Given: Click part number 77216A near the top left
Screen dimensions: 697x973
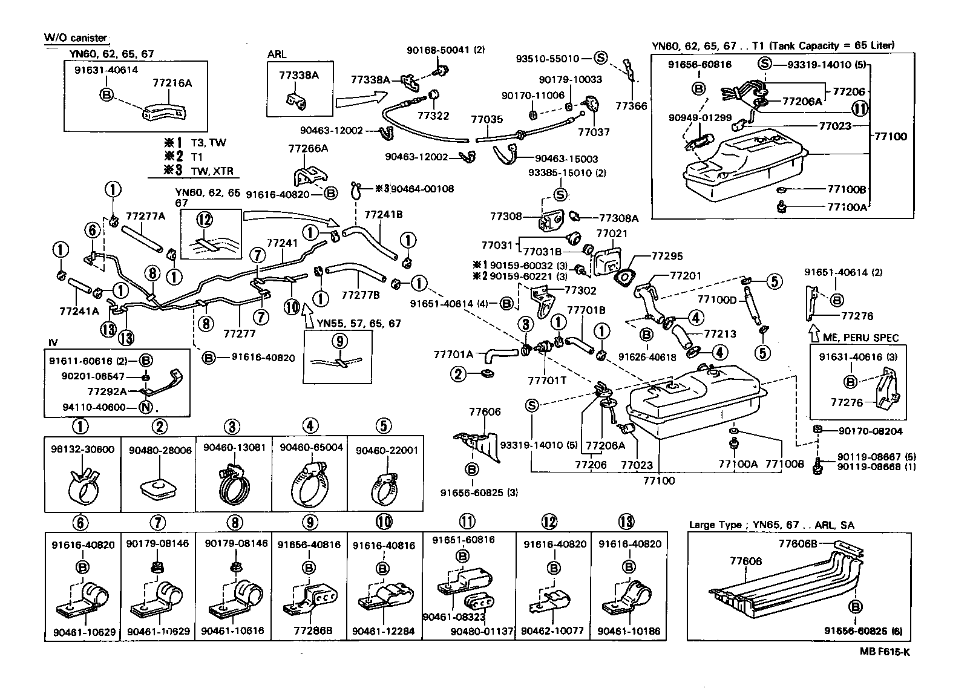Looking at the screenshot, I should pyautogui.click(x=172, y=83).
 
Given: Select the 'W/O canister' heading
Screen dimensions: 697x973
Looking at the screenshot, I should pyautogui.click(x=75, y=38).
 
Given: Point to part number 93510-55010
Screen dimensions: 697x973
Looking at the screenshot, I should pyautogui.click(x=548, y=59).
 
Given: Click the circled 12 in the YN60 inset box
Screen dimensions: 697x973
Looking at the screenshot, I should pyautogui.click(x=205, y=218).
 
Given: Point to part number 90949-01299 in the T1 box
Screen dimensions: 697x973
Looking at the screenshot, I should pyautogui.click(x=700, y=117).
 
